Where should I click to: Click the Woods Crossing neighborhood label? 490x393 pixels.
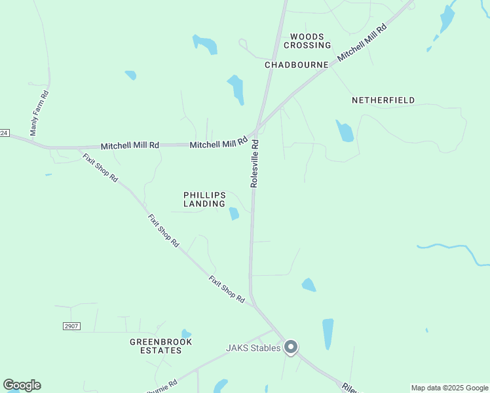click(307, 41)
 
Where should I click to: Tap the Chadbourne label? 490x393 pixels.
click(296, 65)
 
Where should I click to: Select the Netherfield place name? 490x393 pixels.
click(383, 100)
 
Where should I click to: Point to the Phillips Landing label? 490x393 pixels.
click(204, 199)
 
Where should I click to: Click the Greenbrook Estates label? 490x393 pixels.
click(160, 346)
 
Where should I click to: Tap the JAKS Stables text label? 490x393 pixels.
click(254, 348)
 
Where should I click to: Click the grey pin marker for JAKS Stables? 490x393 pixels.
click(291, 348)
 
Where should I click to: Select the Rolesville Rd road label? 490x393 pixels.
click(255, 164)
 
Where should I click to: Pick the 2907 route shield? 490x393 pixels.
click(72, 326)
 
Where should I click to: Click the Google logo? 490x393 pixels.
click(22, 385)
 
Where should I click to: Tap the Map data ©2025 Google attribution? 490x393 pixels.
click(449, 388)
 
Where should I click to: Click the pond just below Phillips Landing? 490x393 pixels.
click(234, 214)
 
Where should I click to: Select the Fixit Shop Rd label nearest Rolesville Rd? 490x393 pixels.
click(227, 290)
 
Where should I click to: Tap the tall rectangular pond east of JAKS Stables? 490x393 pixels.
click(328, 333)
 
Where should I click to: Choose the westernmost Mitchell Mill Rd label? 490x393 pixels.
click(130, 145)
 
